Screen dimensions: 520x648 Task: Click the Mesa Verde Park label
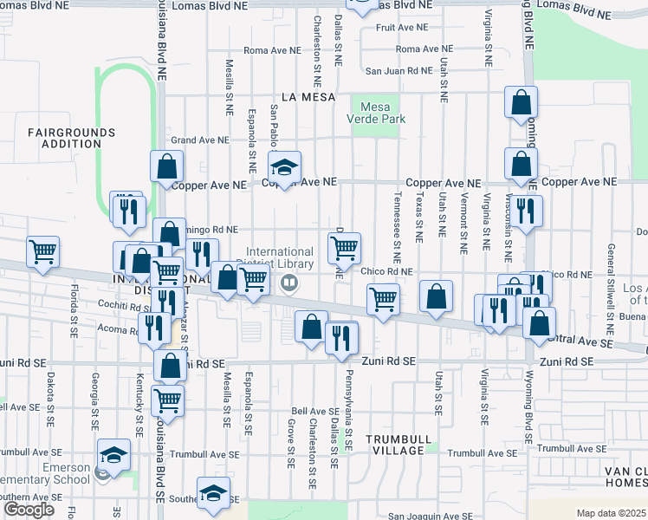[377, 112]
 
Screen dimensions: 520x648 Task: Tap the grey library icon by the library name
[290, 281]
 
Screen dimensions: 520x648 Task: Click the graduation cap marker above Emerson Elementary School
[113, 453]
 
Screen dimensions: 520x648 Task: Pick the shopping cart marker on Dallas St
[345, 248]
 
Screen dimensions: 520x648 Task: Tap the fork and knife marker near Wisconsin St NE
[525, 211]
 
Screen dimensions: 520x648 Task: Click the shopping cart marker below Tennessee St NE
[383, 299]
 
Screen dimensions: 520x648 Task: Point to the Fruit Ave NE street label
[396, 28]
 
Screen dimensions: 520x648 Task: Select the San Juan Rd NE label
[398, 71]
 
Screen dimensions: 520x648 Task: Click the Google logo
[29, 510]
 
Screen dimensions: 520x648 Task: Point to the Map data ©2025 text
[610, 513]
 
